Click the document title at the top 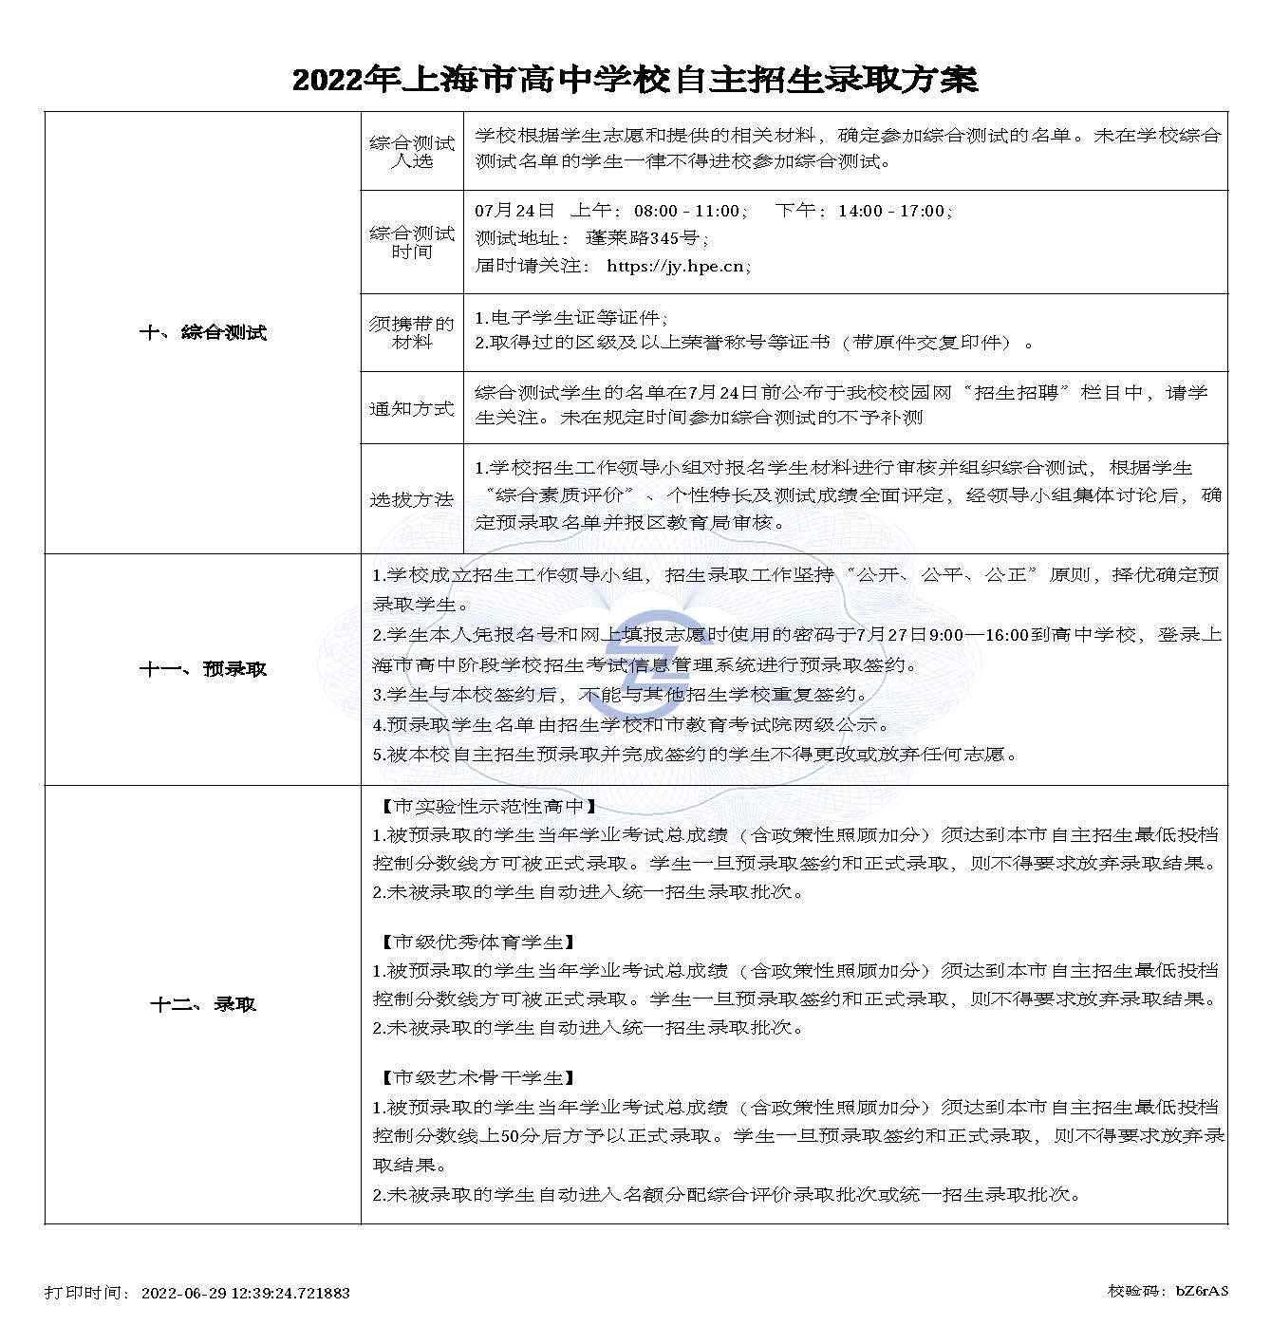click(x=634, y=79)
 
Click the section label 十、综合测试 click(x=203, y=332)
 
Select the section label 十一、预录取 click(x=203, y=669)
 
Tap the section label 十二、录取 click(x=203, y=1004)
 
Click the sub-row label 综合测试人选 click(x=412, y=152)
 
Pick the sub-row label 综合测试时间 click(x=412, y=242)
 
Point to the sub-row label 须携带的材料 click(x=412, y=332)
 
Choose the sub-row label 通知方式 click(x=412, y=409)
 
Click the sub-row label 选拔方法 click(x=412, y=499)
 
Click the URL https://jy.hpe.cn click(x=675, y=266)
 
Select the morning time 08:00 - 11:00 click(x=686, y=211)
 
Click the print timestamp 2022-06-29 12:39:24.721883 click(x=245, y=1293)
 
